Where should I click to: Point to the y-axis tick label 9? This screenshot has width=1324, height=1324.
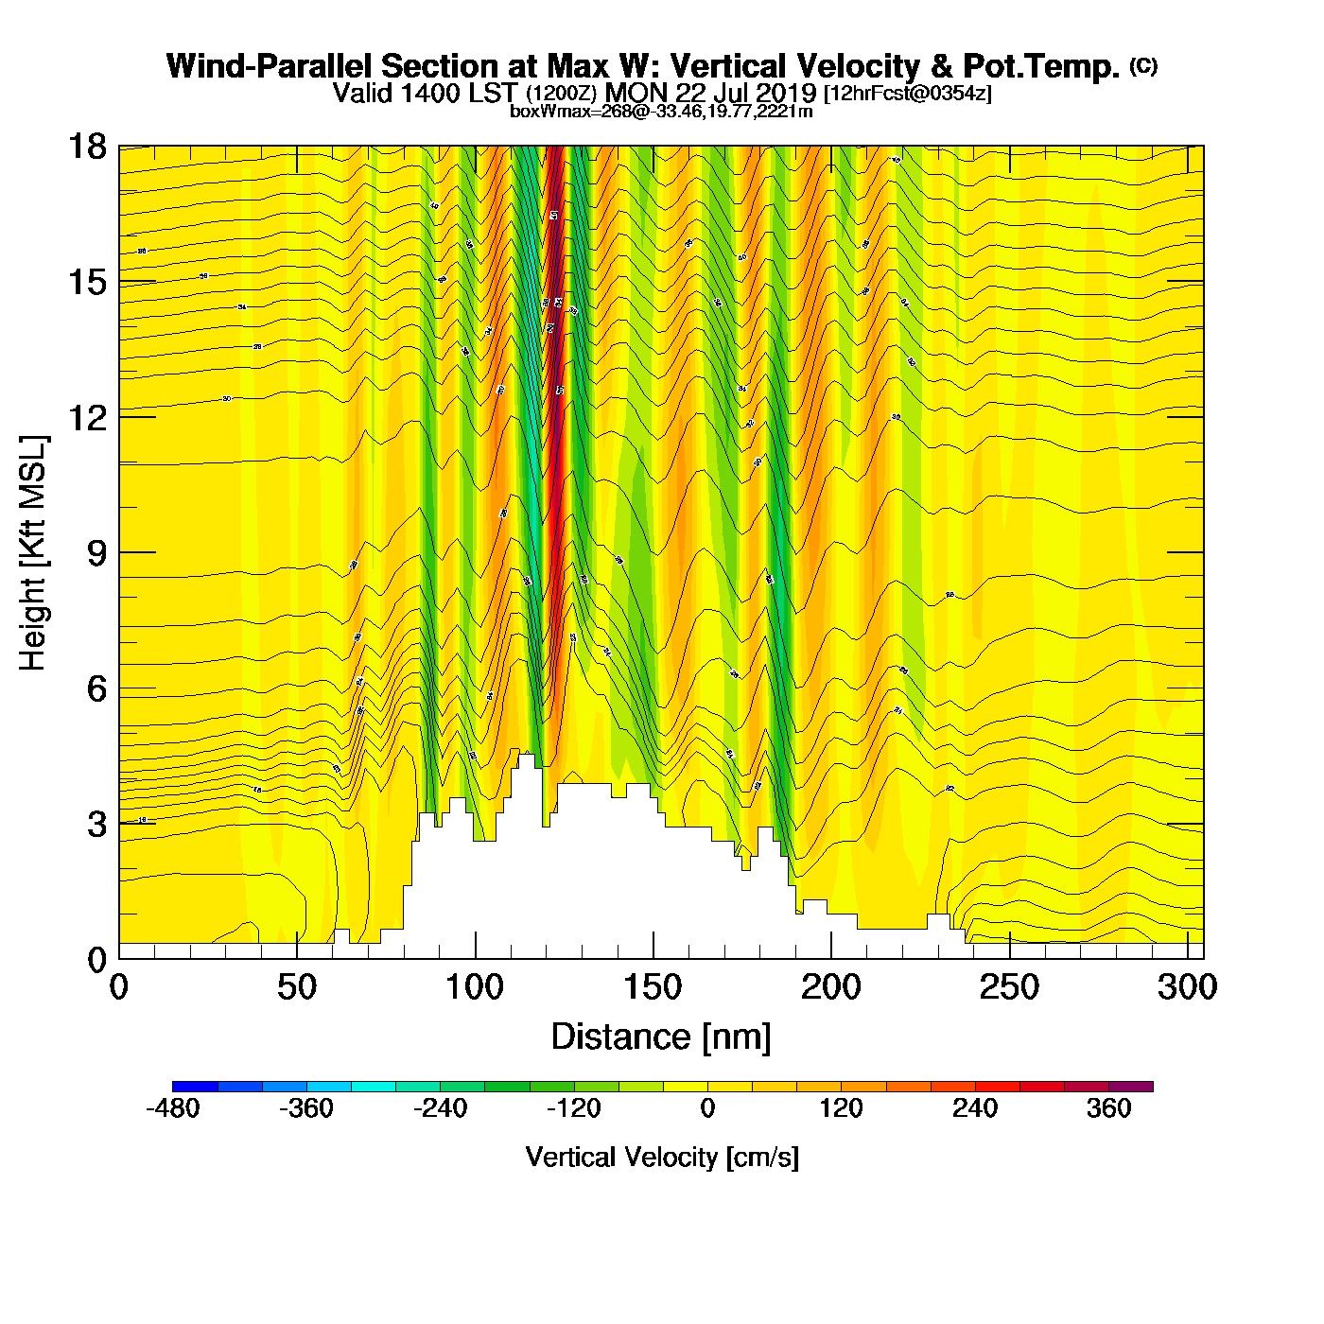point(96,553)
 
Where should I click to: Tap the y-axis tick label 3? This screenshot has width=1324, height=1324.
point(96,825)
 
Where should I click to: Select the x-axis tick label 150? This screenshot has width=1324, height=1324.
point(653,987)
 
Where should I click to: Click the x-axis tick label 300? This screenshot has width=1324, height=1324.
point(1188,987)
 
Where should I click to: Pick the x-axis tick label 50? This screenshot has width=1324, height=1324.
point(297,987)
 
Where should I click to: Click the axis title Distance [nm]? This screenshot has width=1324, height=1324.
point(661,1037)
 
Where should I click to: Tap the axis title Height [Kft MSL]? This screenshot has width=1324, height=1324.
point(33,553)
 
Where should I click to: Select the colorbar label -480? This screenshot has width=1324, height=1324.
point(172,1108)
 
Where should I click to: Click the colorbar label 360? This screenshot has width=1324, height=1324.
point(1108,1108)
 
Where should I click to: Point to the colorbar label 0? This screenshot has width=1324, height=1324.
point(707,1108)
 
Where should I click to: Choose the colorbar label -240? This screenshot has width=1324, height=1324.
point(440,1108)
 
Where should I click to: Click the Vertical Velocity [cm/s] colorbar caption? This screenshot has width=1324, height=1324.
point(662,1158)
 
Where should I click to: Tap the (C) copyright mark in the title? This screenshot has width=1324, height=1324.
point(1143,65)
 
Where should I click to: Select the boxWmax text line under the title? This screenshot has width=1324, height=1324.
point(661,111)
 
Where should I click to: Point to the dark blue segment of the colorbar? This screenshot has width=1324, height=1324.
point(195,1087)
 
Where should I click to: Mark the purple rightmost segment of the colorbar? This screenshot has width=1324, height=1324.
point(1130,1087)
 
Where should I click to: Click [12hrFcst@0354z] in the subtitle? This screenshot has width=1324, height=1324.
point(908,94)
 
